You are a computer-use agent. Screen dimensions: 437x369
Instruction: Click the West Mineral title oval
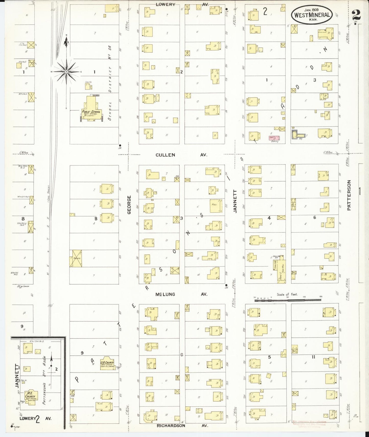(x=312, y=15)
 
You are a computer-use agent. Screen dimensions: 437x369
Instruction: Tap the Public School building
(x=91, y=108)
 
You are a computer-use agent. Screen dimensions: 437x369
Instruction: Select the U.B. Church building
(x=107, y=363)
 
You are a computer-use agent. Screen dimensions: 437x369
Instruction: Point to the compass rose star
(x=66, y=72)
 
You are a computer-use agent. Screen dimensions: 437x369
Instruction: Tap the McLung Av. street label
(x=181, y=294)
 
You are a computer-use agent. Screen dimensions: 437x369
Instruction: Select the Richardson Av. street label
(x=182, y=426)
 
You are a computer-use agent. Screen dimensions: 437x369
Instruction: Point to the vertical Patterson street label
(x=349, y=195)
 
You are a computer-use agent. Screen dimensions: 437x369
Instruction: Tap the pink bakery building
(x=273, y=138)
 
